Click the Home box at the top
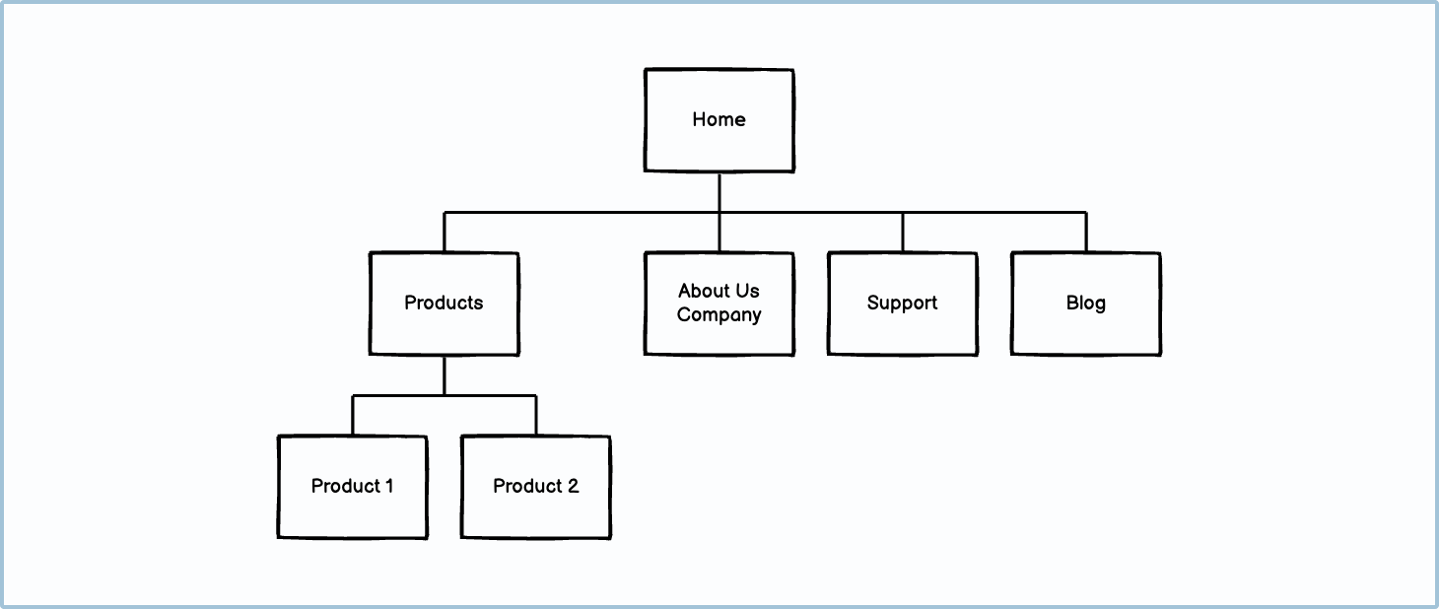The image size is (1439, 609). (x=719, y=120)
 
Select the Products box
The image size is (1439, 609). (x=444, y=304)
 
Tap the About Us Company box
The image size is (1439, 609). (x=719, y=304)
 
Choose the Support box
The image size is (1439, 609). (x=902, y=304)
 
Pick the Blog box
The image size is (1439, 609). (x=1085, y=304)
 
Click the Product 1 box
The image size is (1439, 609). (x=352, y=487)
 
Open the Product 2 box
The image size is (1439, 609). (x=535, y=487)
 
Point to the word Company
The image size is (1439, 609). (x=719, y=315)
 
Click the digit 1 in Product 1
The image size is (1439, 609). (x=387, y=486)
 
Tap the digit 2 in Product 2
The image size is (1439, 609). (x=571, y=486)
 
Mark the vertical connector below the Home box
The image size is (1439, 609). (x=719, y=192)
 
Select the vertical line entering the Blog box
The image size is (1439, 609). (x=1085, y=233)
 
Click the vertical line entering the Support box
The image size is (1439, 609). (x=902, y=233)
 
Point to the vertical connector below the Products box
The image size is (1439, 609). (x=444, y=375)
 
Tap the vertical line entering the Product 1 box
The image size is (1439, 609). (x=352, y=416)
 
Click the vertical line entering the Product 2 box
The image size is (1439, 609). (x=535, y=416)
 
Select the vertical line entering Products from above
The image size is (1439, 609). (x=444, y=233)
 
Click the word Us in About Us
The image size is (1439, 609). (x=746, y=291)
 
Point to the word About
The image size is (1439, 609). (x=703, y=291)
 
